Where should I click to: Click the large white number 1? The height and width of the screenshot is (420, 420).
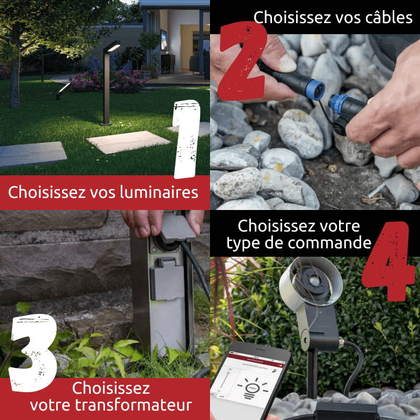coord(187,139)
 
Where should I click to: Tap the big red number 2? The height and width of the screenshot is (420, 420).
coord(243,61)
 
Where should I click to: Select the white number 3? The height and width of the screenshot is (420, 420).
coord(34,352)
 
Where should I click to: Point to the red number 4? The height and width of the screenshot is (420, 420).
coord(388,261)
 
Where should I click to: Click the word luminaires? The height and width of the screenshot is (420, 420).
coord(159,192)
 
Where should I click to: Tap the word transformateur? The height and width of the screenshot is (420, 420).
coord(133,405)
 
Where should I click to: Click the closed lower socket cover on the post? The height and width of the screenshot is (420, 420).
coord(166,279)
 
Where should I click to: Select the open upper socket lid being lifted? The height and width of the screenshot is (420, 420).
coord(177,226)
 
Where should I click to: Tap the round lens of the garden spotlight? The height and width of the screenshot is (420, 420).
coord(314,281)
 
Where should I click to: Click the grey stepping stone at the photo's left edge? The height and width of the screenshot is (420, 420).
coord(31,154)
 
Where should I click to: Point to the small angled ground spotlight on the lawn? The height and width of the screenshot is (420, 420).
coord(63,91)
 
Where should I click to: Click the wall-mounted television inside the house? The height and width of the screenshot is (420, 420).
coord(163,40)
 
